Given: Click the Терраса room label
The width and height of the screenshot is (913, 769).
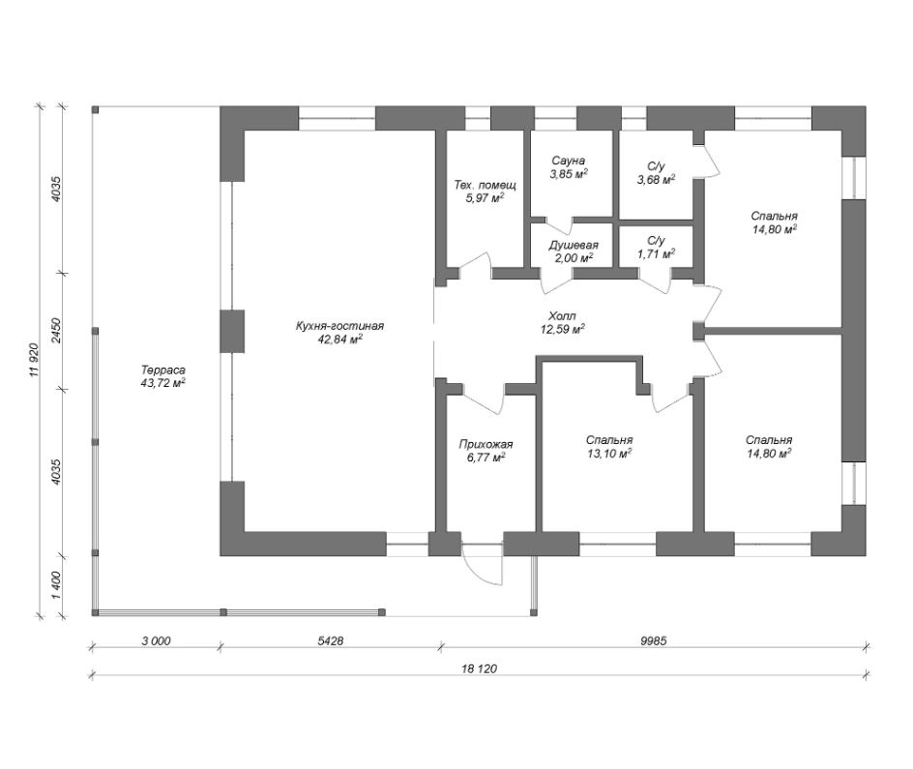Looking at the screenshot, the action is (x=163, y=370).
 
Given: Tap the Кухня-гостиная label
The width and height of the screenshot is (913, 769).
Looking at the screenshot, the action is (x=340, y=326).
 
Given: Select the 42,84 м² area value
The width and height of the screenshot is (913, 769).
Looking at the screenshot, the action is (x=340, y=340).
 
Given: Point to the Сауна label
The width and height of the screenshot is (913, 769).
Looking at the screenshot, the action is (x=569, y=161).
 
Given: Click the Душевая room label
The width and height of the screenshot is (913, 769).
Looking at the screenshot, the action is (x=574, y=245).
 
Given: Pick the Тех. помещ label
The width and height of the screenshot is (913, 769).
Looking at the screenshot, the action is (x=486, y=185).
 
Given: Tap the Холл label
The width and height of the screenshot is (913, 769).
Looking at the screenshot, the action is (x=563, y=316).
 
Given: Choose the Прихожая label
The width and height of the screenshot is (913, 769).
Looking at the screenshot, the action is (x=486, y=445).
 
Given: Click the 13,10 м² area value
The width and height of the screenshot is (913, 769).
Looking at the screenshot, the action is (x=609, y=454).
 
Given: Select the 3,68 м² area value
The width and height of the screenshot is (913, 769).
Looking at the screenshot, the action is (x=656, y=180).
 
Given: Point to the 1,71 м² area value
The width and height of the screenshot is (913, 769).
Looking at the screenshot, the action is (x=656, y=253).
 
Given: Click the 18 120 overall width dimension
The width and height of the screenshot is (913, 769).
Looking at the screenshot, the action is (x=479, y=668).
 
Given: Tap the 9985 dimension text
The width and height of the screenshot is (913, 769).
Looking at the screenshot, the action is (x=653, y=641).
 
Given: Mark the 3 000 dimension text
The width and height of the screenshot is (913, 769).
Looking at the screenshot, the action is (x=156, y=641).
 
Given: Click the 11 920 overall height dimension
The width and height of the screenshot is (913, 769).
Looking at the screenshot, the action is (x=34, y=361).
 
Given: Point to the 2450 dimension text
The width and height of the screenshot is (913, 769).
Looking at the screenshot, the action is (x=56, y=331).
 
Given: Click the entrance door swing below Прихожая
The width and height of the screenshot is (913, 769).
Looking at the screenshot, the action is (x=482, y=565).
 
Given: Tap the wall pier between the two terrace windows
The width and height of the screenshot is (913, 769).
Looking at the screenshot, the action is (x=232, y=331).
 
